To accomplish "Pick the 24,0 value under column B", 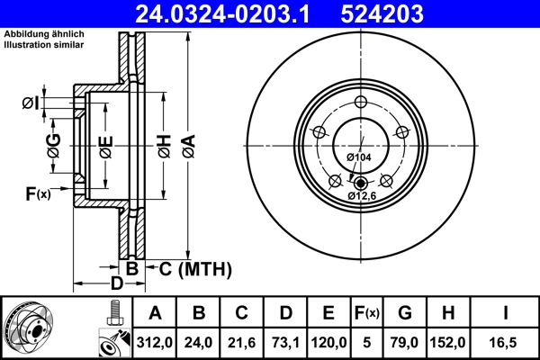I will tap(199, 342).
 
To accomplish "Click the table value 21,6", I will tap(242, 342).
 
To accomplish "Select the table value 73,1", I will tap(285, 342).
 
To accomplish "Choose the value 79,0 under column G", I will tap(405, 342).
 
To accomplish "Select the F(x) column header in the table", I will tap(367, 313).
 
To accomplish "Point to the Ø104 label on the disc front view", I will tap(358, 157).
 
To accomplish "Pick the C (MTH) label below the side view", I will tap(195, 268).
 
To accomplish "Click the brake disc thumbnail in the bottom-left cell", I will tap(28, 328).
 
